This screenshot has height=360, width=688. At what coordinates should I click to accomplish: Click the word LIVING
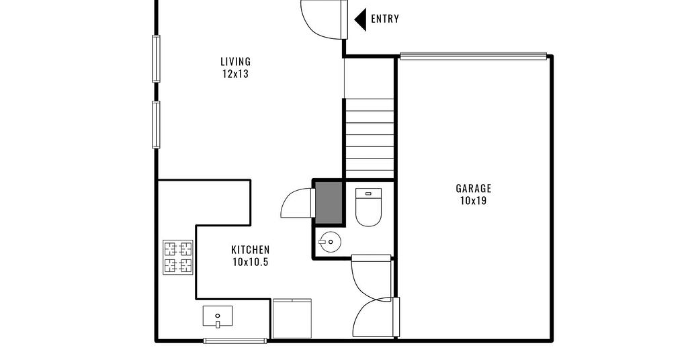pyautogui.click(x=236, y=61)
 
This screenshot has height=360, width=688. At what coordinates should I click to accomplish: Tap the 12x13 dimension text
pyautogui.click(x=236, y=74)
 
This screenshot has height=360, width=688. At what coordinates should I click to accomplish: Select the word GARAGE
pyautogui.click(x=474, y=189)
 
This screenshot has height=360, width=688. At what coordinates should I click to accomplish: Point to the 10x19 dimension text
pyautogui.click(x=474, y=201)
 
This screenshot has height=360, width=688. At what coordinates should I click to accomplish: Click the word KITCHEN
pyautogui.click(x=251, y=250)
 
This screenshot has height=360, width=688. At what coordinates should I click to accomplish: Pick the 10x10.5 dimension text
pyautogui.click(x=251, y=262)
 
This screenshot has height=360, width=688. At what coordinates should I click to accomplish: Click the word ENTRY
pyautogui.click(x=385, y=19)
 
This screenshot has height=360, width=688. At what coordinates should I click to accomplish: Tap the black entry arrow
pyautogui.click(x=360, y=19)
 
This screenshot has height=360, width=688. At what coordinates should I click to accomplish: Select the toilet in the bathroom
pyautogui.click(x=368, y=207)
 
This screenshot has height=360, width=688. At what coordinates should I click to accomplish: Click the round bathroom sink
pyautogui.click(x=329, y=242)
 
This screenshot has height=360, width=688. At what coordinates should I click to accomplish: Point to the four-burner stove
pyautogui.click(x=178, y=257)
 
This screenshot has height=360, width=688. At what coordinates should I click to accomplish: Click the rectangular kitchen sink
pyautogui.click(x=218, y=316)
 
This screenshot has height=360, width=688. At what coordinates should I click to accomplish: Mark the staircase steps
pyautogui.click(x=370, y=138)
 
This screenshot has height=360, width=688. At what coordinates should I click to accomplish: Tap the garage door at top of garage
pyautogui.click(x=474, y=56)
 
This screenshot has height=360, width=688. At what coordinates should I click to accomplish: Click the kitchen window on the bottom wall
pyautogui.click(x=236, y=341)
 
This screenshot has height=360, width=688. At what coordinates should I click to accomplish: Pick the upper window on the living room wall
pyautogui.click(x=156, y=58)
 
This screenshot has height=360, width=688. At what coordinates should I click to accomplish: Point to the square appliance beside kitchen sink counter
pyautogui.click(x=292, y=319)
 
